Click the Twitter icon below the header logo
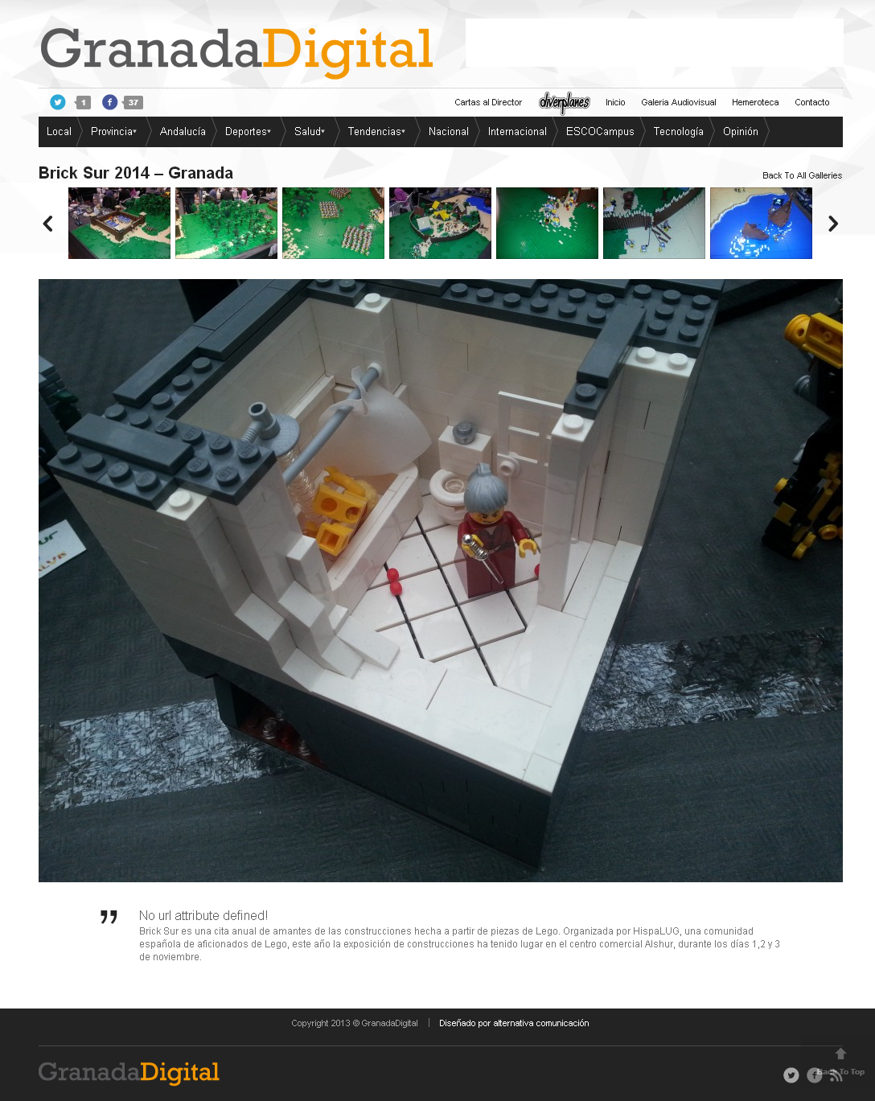(x=58, y=102)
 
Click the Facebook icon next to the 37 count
(x=109, y=102)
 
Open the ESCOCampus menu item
(x=600, y=131)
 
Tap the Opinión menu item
(x=741, y=131)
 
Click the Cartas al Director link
(x=488, y=102)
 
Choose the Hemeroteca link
(x=755, y=102)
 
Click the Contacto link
(x=812, y=102)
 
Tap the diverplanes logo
(x=565, y=102)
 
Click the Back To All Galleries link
(x=802, y=175)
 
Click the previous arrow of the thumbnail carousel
(x=48, y=224)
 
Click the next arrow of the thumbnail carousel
(x=833, y=224)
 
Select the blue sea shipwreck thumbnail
(x=761, y=223)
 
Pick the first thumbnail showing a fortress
(x=119, y=223)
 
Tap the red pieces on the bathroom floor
(x=395, y=581)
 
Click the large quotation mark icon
(x=109, y=917)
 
